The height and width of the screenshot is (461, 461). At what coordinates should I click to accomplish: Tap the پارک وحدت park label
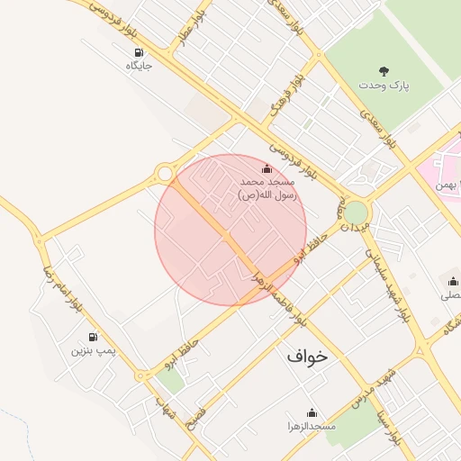pos(384,85)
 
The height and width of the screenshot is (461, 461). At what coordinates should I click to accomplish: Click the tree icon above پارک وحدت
pos(384,69)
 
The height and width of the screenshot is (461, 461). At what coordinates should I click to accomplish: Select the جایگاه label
pos(139,66)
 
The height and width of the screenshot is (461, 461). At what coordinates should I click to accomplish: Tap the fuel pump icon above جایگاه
pos(138,51)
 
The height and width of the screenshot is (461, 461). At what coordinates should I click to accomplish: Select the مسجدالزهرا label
pos(312,425)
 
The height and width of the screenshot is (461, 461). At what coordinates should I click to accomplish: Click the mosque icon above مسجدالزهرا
pos(312,411)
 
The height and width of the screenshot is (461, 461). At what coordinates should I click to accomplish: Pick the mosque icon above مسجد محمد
pos(267,169)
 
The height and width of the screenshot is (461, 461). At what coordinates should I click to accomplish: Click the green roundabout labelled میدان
pos(357,212)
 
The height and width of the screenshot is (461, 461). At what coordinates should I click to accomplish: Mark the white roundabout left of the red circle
pos(164,173)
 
